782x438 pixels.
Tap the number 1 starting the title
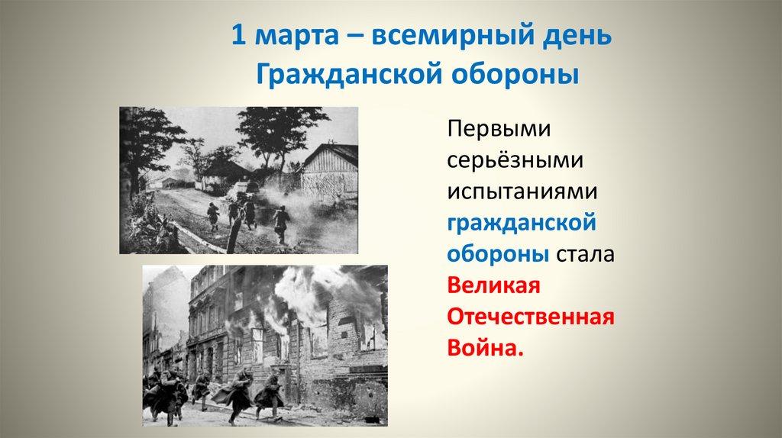[238, 37]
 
